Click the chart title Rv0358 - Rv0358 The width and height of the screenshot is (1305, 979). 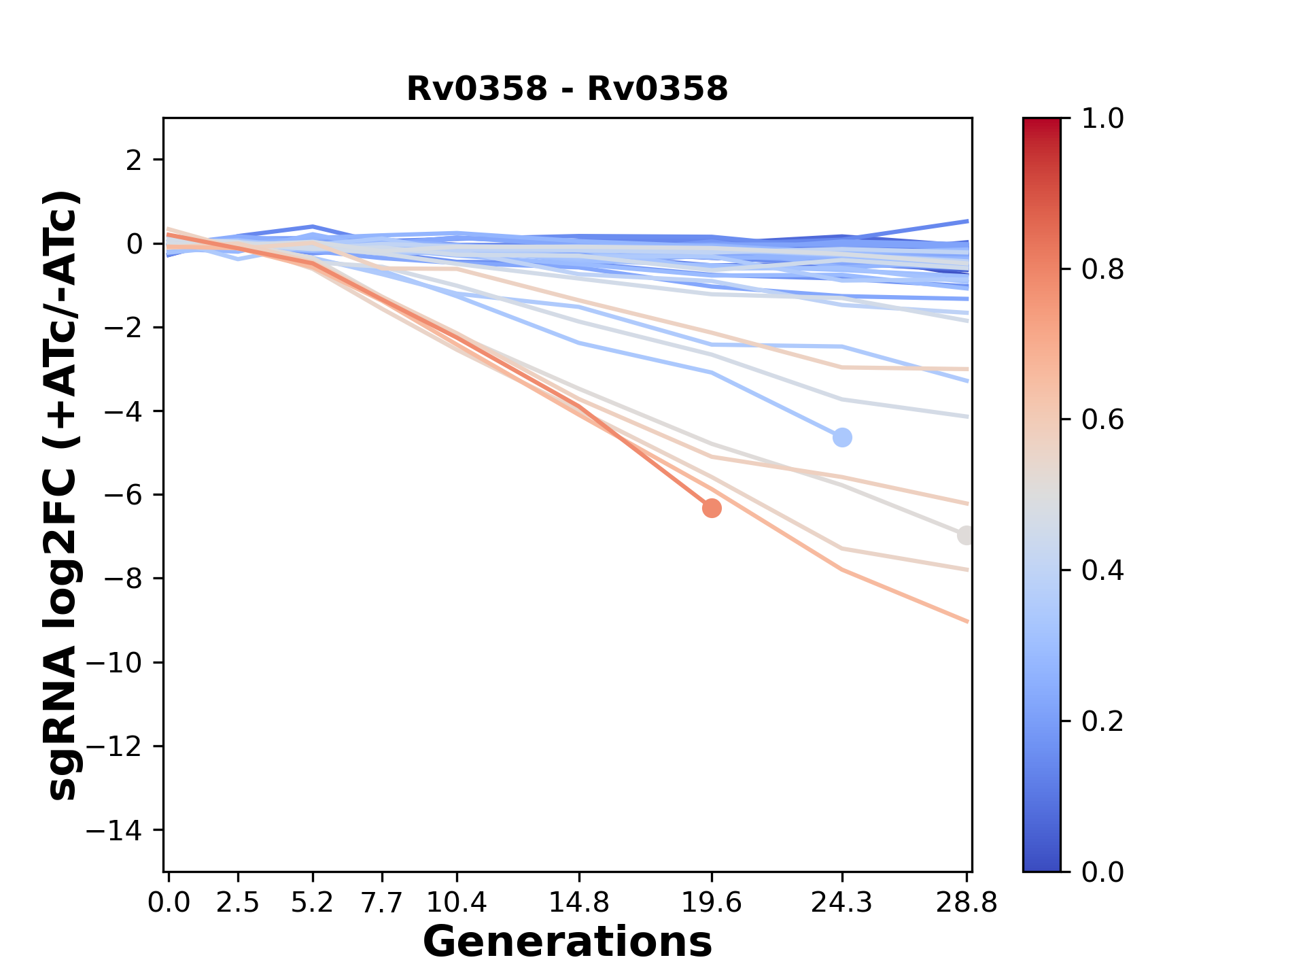(x=567, y=89)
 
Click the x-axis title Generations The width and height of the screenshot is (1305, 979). (x=567, y=942)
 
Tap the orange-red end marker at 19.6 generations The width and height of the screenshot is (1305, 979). (x=712, y=508)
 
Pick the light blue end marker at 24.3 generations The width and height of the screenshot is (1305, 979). (x=842, y=437)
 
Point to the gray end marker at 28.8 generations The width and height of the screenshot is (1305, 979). (x=965, y=535)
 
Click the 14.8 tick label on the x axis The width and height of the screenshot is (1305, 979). (x=579, y=903)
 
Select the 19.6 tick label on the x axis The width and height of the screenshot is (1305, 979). (x=712, y=903)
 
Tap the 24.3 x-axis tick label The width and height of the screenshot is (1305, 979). (x=842, y=903)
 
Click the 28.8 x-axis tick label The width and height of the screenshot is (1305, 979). (x=967, y=903)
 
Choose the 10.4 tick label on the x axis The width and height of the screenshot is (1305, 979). (x=457, y=903)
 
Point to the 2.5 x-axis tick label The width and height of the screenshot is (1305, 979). (x=238, y=903)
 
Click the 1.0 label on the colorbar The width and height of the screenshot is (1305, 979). (x=1102, y=119)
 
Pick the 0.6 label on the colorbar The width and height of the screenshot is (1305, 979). (x=1102, y=420)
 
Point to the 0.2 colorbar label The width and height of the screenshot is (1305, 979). (x=1102, y=721)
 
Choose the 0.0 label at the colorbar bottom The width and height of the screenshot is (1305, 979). (x=1102, y=872)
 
